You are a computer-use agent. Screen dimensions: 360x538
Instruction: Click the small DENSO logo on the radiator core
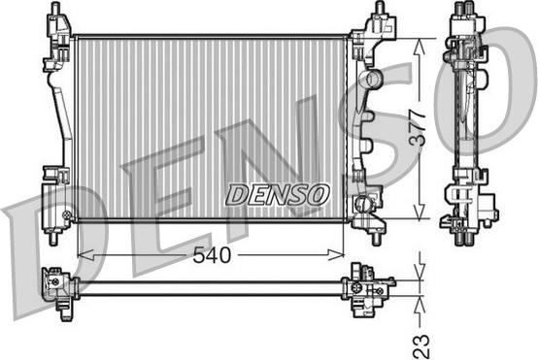278,194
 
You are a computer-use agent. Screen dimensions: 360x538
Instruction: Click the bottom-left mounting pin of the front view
52,236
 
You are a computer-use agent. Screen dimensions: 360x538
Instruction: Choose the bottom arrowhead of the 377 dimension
419,214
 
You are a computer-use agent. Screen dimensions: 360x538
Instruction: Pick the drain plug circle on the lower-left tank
66,214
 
